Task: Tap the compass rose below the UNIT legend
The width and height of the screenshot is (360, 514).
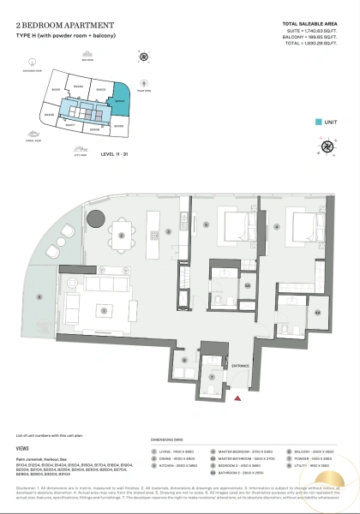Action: [327, 146]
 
